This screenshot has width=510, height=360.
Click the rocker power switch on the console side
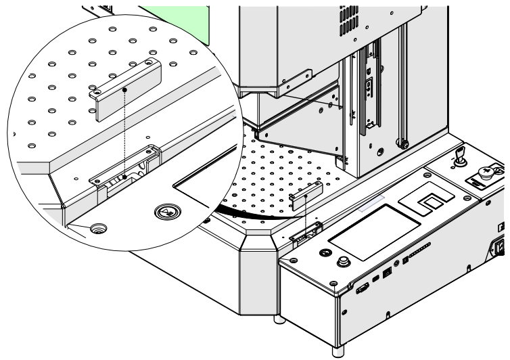[x=503, y=248]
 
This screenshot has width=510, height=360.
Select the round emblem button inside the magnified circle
[x=164, y=212]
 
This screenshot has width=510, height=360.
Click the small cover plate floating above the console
[x=304, y=198]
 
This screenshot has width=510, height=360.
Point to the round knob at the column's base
[x=404, y=143]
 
